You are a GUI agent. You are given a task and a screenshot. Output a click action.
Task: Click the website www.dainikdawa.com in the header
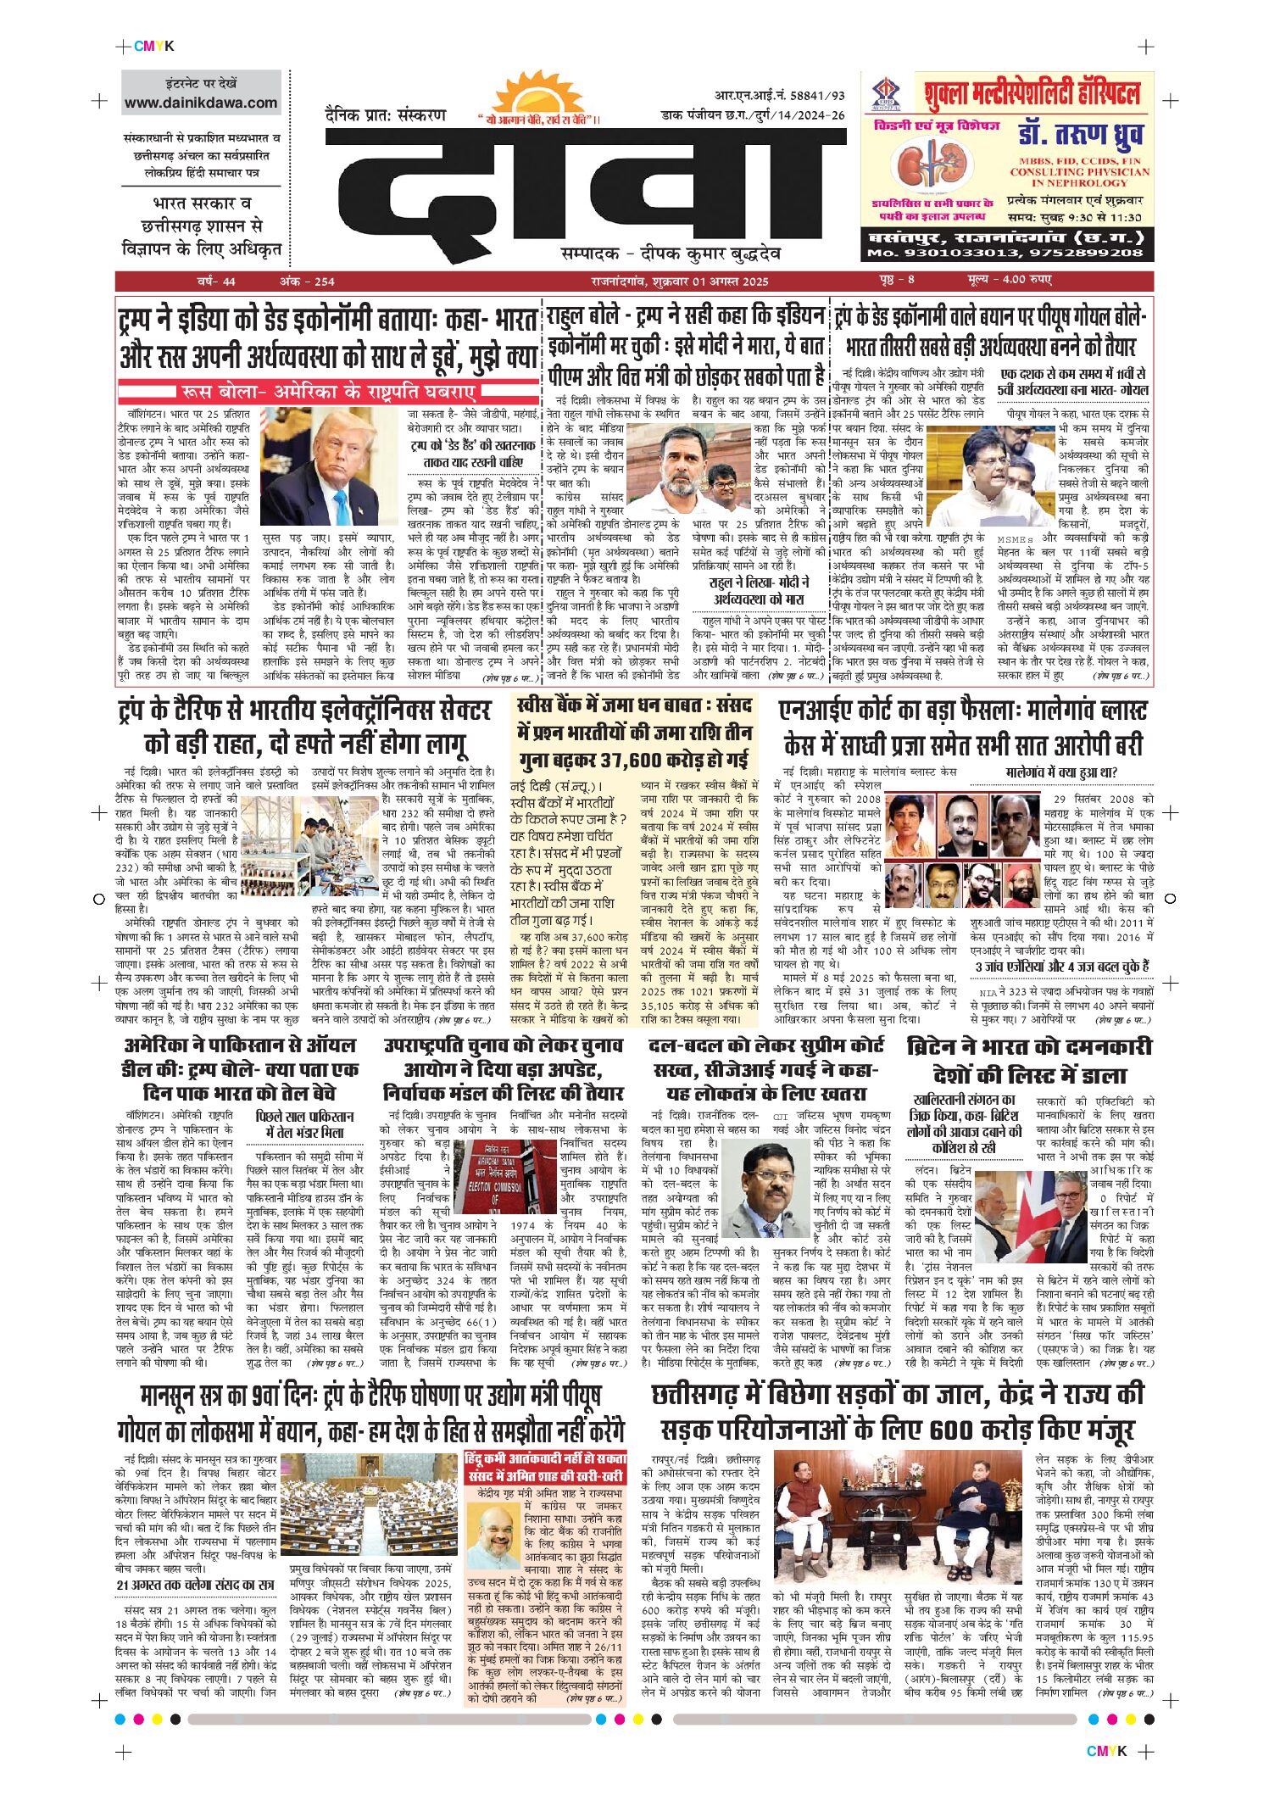pos(201,103)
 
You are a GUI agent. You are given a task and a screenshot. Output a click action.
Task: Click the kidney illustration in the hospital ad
pos(931,166)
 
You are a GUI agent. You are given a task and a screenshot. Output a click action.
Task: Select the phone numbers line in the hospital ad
pos(1005,253)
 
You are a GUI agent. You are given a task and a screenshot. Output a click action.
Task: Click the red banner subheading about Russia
pos(329,392)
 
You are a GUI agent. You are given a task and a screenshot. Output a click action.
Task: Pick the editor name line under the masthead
pos(671,253)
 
